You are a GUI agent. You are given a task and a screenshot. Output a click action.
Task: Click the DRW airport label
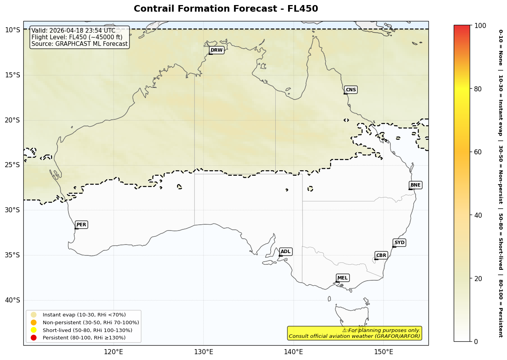(217, 50)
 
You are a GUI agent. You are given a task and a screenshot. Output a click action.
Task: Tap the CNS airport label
(351, 90)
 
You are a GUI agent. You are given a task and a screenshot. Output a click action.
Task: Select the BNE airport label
(415, 185)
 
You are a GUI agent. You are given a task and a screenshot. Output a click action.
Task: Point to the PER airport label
(81, 225)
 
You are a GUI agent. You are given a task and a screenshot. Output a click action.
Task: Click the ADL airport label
(285, 252)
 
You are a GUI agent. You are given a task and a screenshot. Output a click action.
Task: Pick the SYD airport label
(399, 243)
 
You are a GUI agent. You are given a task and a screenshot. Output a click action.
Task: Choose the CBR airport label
(381, 255)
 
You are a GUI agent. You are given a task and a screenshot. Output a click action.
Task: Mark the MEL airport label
(343, 278)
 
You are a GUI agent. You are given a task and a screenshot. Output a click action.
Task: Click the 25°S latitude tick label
(12, 165)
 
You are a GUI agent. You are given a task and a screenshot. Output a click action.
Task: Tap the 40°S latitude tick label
(12, 300)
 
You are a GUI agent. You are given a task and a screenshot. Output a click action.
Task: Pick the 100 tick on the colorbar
(480, 26)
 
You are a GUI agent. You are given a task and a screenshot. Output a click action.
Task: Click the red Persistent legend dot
(34, 338)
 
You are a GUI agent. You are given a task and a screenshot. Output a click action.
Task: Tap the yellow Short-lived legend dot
(34, 330)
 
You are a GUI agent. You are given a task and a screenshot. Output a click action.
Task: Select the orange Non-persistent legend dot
(34, 323)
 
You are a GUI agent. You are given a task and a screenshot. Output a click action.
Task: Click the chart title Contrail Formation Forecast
(226, 9)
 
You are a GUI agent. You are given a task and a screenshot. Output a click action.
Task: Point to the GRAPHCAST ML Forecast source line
(79, 44)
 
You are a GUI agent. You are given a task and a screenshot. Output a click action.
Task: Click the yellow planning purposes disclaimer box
(355, 333)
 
